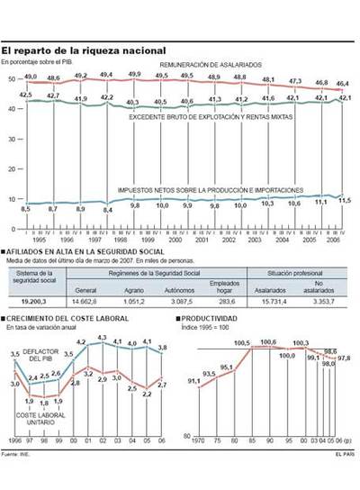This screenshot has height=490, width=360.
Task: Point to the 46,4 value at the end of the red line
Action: pyautogui.click(x=344, y=83)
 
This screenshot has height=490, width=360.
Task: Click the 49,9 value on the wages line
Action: pyautogui.click(x=135, y=74)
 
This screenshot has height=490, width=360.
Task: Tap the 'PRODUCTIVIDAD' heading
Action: pyautogui.click(x=212, y=320)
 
